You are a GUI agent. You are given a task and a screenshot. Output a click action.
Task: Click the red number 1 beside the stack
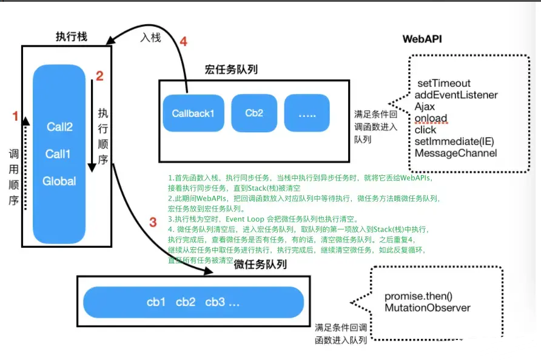coord(16,116)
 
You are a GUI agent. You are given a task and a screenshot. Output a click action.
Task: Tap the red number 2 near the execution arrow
coord(100,76)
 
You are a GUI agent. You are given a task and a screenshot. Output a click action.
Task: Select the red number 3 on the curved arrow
coord(153,221)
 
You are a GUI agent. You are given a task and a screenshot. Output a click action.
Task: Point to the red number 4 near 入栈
coord(183,42)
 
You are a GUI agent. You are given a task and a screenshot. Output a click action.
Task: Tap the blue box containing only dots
coord(307,113)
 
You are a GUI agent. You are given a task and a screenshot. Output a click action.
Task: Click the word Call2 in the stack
coord(59,127)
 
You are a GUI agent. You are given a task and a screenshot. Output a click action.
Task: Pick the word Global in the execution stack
coord(59,181)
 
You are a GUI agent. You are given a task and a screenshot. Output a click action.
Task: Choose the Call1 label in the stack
coord(58,154)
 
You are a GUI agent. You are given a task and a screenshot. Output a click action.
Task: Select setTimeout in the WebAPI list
coord(443,84)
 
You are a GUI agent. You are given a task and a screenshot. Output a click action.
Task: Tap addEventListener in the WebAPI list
coord(456,95)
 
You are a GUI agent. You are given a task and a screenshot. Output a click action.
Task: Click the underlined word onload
coord(431,118)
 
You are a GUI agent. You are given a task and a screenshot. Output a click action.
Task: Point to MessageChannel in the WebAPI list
coord(455,153)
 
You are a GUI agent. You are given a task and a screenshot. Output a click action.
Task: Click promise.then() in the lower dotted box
coord(418,297)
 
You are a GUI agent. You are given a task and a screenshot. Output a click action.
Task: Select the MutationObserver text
coord(428,308)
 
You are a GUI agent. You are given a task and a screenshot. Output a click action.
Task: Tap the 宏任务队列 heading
coord(231,70)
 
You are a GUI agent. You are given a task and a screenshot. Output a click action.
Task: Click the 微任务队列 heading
coord(260,265)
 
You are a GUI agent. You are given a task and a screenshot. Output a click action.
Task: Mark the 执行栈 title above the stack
coord(71,37)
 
